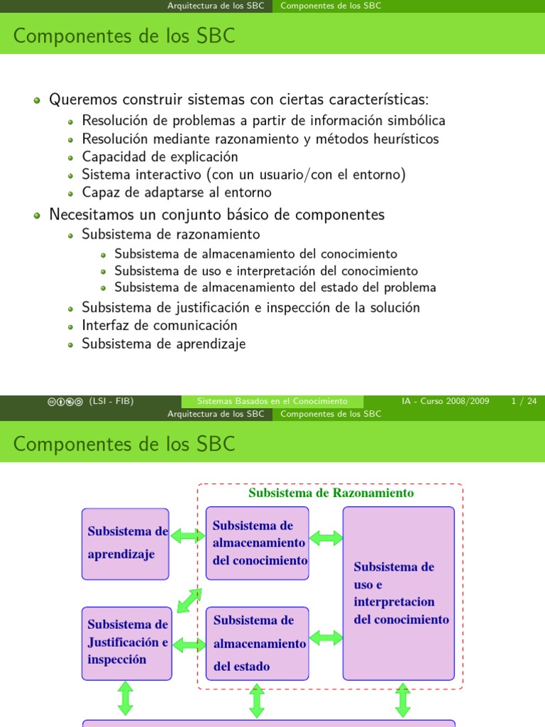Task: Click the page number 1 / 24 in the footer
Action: tap(524, 401)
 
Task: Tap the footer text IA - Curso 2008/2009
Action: tap(446, 401)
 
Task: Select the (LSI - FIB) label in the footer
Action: tap(111, 401)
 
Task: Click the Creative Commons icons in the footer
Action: tap(65, 401)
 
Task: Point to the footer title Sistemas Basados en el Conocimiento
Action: tap(272, 401)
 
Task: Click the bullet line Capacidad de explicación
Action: tap(160, 157)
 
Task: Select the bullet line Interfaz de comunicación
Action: tap(159, 325)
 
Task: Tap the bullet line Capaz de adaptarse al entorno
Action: tap(176, 192)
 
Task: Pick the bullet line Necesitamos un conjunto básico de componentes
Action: tap(216, 214)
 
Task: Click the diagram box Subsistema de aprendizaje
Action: tap(126, 543)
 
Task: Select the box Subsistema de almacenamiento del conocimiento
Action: tap(257, 543)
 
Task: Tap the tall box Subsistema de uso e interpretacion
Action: tap(399, 593)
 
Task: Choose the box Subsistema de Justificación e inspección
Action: tap(126, 642)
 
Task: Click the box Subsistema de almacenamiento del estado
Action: tap(257, 643)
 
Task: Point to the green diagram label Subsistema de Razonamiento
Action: tap(331, 493)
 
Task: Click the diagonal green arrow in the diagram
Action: tap(189, 600)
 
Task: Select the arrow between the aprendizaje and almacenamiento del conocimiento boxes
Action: tap(187, 537)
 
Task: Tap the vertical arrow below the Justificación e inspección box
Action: tap(126, 699)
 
